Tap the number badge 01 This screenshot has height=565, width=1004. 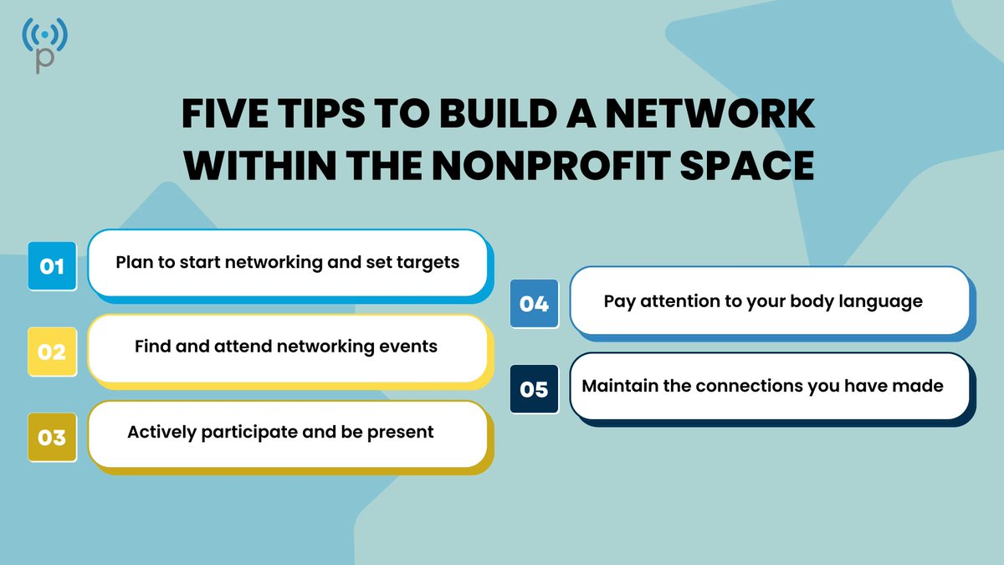(x=52, y=266)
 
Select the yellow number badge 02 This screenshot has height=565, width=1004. (x=52, y=352)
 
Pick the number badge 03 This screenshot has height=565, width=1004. (x=52, y=437)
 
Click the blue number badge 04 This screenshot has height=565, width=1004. (x=534, y=303)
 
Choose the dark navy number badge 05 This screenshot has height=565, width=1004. (x=534, y=389)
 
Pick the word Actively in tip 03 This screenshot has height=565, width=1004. (x=159, y=432)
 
